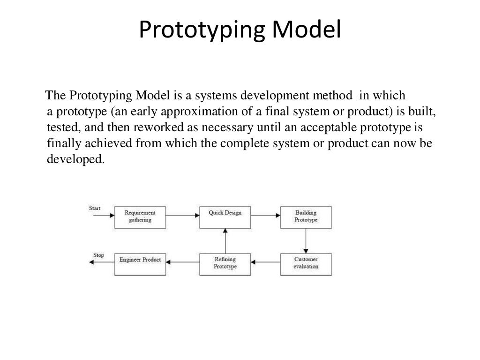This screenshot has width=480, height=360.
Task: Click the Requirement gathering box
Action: pos(140,217)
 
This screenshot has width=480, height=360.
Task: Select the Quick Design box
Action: pos(225,217)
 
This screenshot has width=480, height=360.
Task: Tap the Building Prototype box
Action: pos(306,217)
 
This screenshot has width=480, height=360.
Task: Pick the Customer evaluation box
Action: pos(306,263)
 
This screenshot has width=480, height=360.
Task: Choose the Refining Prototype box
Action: pos(225,263)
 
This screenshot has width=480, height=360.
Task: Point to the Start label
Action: pos(94,208)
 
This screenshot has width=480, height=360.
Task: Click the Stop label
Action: pos(98,255)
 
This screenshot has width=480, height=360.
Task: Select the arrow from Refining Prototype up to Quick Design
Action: pos(225,240)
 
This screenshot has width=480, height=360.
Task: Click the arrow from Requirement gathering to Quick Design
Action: pos(183,216)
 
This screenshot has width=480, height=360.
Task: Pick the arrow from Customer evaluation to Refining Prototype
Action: pos(265,262)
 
